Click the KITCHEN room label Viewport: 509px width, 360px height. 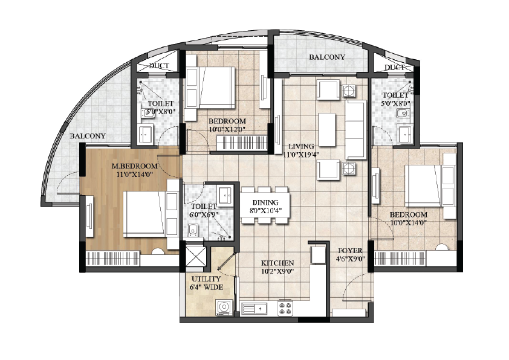[x=277, y=263]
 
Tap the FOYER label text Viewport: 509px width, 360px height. [x=350, y=251]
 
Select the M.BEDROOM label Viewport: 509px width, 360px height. [x=134, y=166]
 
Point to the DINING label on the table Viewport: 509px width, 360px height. [x=265, y=203]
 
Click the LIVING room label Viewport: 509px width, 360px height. [x=301, y=146]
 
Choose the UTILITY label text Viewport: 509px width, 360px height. [x=206, y=279]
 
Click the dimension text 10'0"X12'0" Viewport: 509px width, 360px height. [x=227, y=129]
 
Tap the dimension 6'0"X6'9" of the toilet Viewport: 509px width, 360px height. [x=204, y=214]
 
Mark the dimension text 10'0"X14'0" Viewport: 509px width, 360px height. [x=409, y=223]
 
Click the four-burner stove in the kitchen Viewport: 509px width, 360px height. [x=285, y=309]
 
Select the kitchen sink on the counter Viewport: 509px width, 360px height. [x=254, y=309]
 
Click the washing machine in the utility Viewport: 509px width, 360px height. [x=224, y=307]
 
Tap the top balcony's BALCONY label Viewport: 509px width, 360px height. [x=327, y=57]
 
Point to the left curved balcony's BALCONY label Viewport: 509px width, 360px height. [x=88, y=137]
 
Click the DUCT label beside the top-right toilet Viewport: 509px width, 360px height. [x=394, y=68]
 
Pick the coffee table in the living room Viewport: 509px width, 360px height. [x=327, y=129]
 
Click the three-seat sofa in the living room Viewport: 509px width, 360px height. [x=356, y=129]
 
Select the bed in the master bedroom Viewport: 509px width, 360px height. [x=151, y=214]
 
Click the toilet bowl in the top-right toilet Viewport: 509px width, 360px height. [x=403, y=114]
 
